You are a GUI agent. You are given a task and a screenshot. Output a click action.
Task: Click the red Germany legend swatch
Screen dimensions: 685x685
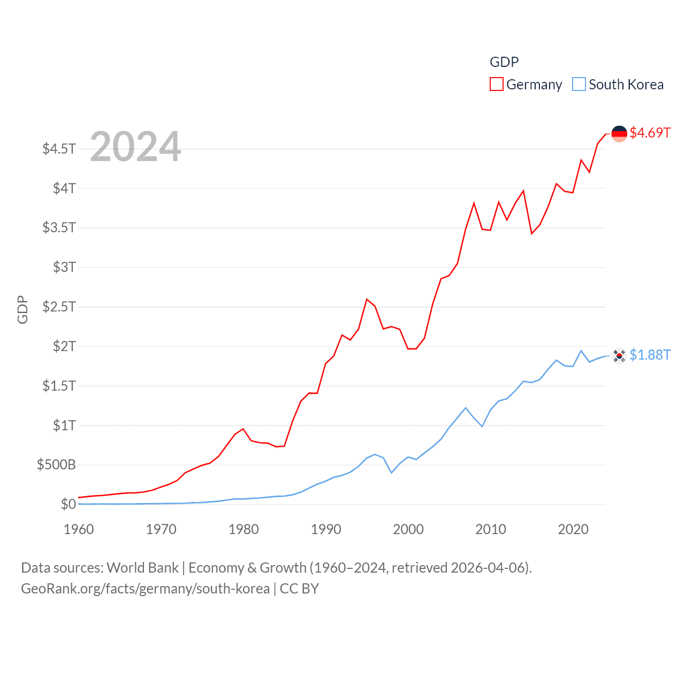[x=496, y=85]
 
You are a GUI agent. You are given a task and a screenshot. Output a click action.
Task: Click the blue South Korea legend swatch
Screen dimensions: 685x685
[x=579, y=85]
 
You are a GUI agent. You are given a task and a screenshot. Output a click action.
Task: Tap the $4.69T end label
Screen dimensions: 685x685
[x=650, y=133]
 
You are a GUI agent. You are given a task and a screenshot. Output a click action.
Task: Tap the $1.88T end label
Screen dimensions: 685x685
[x=650, y=355]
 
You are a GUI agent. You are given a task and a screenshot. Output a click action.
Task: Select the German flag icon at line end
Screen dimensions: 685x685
[x=619, y=134]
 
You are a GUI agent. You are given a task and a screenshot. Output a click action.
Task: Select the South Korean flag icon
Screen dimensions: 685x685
[x=619, y=355]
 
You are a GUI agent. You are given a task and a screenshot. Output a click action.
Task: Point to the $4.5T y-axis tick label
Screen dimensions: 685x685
[x=59, y=148]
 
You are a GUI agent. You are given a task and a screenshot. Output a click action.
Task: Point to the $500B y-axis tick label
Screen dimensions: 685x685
[x=56, y=465]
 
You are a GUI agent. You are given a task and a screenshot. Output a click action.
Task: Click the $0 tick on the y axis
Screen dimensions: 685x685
[x=68, y=504]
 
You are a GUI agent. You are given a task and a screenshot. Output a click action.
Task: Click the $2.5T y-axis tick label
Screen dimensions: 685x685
[x=59, y=307]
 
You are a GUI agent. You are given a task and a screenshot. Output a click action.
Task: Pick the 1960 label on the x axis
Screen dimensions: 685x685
[x=79, y=529]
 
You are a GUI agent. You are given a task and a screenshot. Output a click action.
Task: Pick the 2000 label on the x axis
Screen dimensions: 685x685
[x=408, y=529]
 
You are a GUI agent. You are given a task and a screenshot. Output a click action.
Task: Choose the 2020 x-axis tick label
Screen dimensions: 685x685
[x=573, y=529]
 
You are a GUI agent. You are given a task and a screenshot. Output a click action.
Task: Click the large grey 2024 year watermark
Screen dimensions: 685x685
[x=135, y=147]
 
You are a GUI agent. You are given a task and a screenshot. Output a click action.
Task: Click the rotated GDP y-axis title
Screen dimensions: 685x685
[x=22, y=309]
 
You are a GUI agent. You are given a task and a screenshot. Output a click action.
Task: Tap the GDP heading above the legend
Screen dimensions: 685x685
[x=504, y=62]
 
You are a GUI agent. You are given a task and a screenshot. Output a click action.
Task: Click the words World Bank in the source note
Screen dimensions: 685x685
[x=142, y=568]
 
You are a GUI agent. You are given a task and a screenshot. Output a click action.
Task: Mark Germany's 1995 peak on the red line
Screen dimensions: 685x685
[x=367, y=299]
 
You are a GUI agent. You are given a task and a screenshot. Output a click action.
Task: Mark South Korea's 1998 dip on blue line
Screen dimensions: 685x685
[x=392, y=473]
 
